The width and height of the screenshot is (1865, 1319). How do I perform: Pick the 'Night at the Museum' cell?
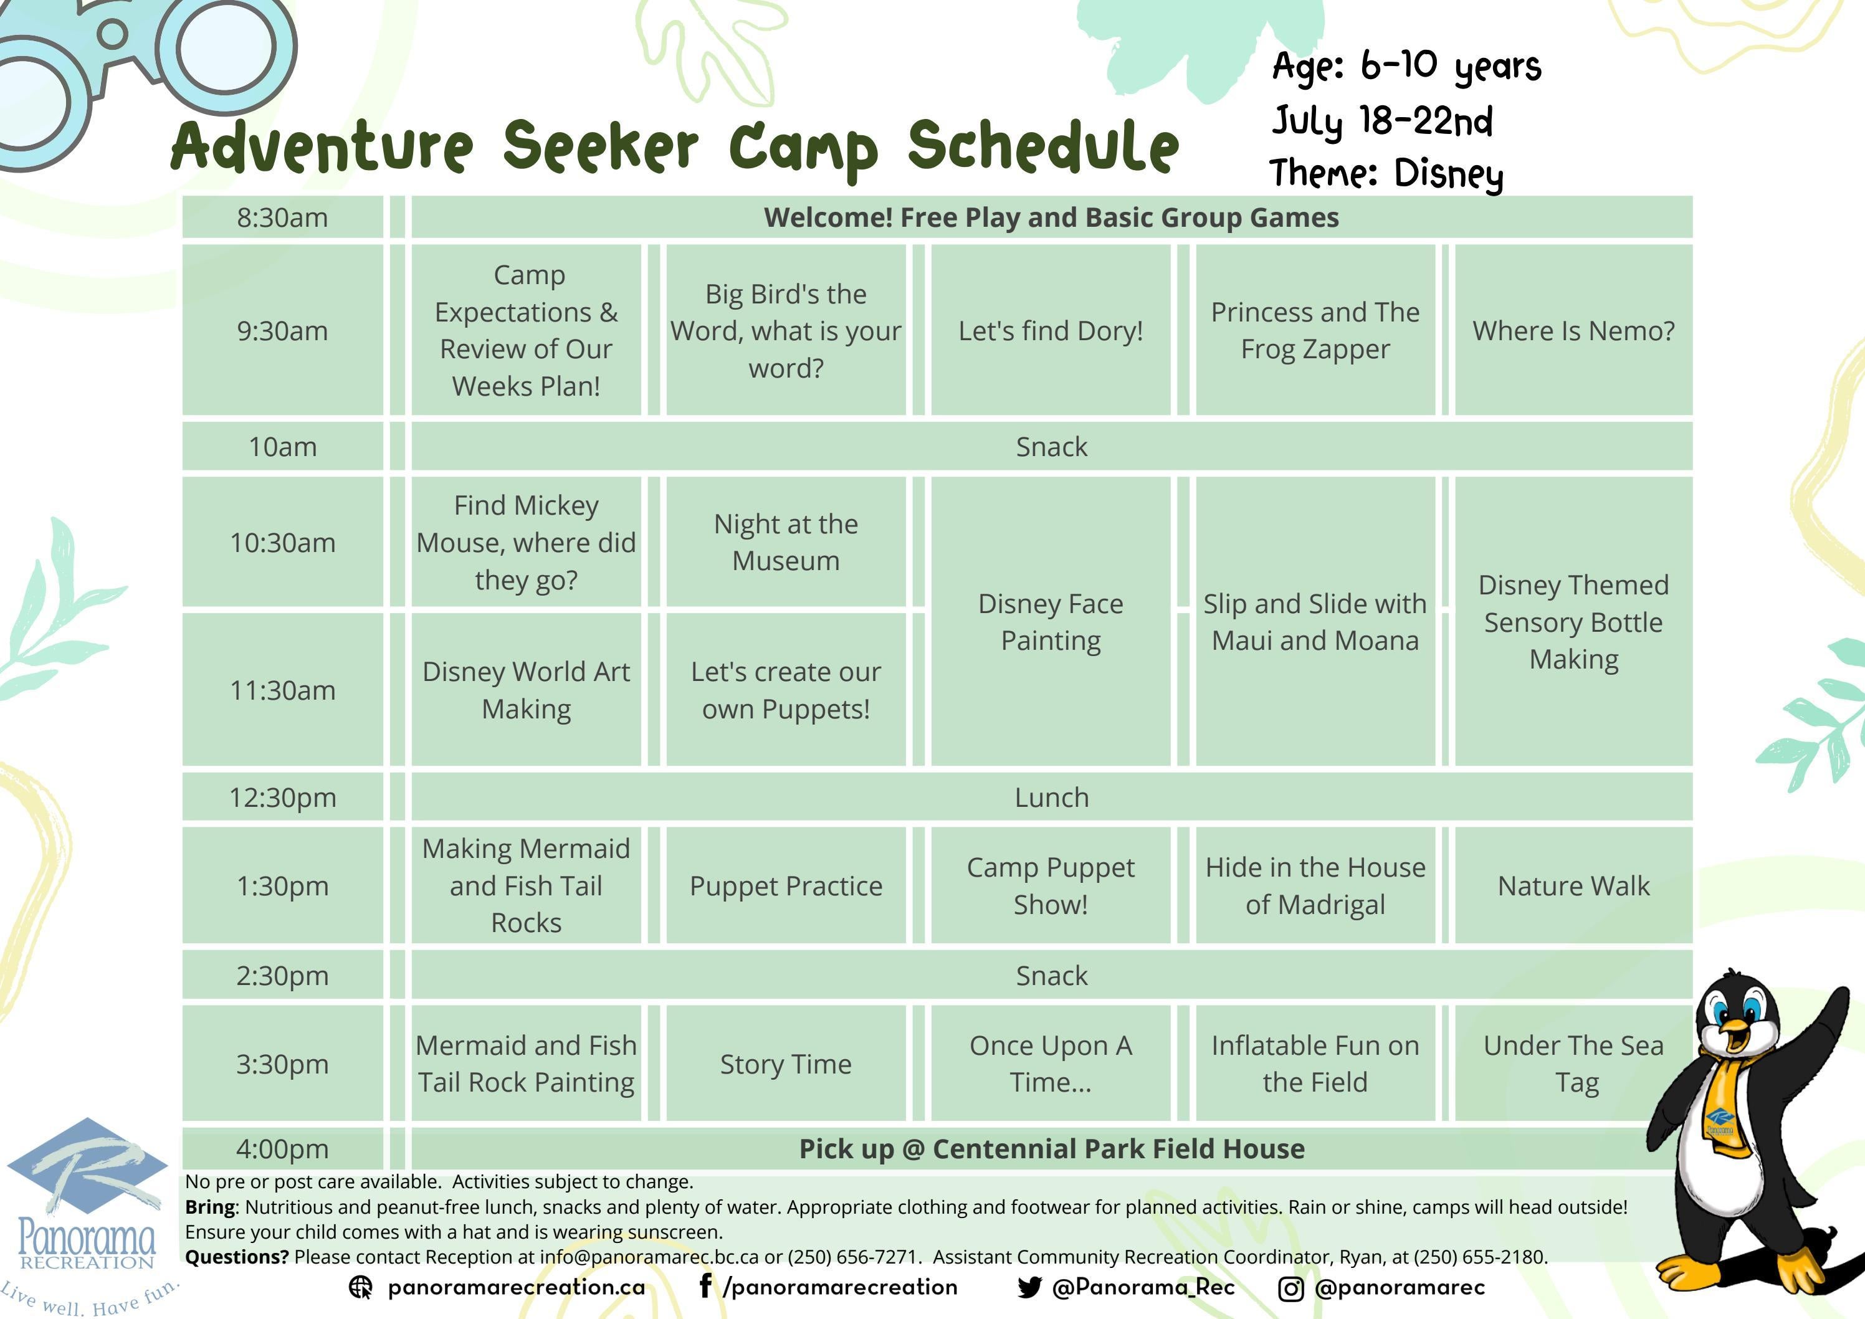(786, 541)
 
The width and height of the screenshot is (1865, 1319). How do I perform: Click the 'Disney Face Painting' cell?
(1051, 621)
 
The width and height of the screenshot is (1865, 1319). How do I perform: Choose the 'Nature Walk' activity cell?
(1573, 885)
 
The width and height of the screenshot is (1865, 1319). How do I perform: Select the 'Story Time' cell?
(786, 1063)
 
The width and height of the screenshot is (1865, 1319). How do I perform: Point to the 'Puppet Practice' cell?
(786, 885)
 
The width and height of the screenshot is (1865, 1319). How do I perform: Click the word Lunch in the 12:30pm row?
(1051, 797)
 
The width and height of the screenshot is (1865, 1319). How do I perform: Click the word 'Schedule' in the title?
(1043, 146)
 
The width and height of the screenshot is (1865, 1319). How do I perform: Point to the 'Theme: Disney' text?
(1386, 173)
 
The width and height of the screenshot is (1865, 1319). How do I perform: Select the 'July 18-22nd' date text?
(1381, 120)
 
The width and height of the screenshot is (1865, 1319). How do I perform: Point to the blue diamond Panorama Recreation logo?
(87, 1169)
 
